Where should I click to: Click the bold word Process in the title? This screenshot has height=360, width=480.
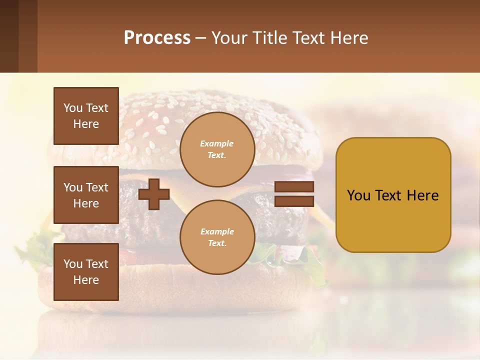pos(157,38)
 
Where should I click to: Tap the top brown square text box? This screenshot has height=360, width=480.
pos(86,116)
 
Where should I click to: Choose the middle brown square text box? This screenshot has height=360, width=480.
pos(86,195)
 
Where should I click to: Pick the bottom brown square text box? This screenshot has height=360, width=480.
pos(86,272)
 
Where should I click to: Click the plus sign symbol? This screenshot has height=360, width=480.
pos(154,194)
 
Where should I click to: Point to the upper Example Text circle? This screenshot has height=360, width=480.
pos(217,149)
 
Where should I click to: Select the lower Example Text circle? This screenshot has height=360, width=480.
pos(217,237)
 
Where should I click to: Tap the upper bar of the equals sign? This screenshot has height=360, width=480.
pos(294,187)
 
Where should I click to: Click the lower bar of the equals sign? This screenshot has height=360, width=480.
pos(294,201)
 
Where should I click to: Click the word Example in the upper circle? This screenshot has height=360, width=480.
pos(217,143)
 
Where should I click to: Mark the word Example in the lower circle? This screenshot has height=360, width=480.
pos(217,231)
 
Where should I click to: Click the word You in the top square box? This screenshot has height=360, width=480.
pos(73,108)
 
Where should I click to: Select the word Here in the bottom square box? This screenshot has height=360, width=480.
pos(86,280)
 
